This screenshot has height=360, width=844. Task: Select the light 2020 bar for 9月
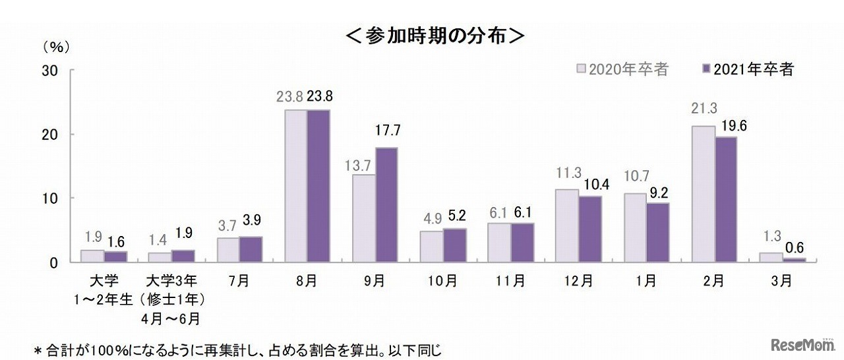click(364, 218)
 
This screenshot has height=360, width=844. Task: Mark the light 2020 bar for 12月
click(567, 225)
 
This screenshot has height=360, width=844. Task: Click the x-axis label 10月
click(444, 280)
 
